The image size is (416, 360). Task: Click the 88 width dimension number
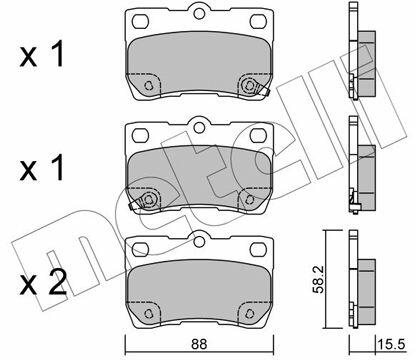199,344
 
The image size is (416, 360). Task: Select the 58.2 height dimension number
319,279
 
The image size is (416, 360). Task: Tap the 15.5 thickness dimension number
391,344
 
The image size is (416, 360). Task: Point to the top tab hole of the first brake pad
199,13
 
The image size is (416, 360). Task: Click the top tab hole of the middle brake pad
199,127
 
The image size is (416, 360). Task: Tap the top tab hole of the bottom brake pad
199,241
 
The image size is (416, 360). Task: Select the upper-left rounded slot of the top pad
140,21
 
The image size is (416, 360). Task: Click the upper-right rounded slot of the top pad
258,21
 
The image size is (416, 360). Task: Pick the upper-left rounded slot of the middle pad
140,135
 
